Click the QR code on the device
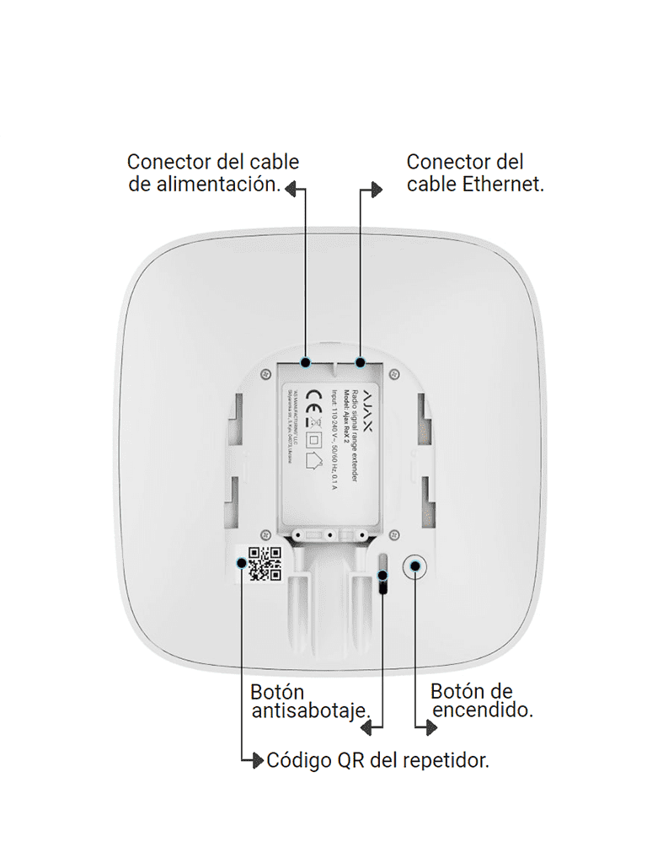point(265,564)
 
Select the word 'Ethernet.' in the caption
point(503,185)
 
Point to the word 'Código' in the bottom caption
point(299,760)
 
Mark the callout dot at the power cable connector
point(306,362)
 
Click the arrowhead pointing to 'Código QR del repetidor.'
point(258,760)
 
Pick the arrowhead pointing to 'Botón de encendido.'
point(424,724)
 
